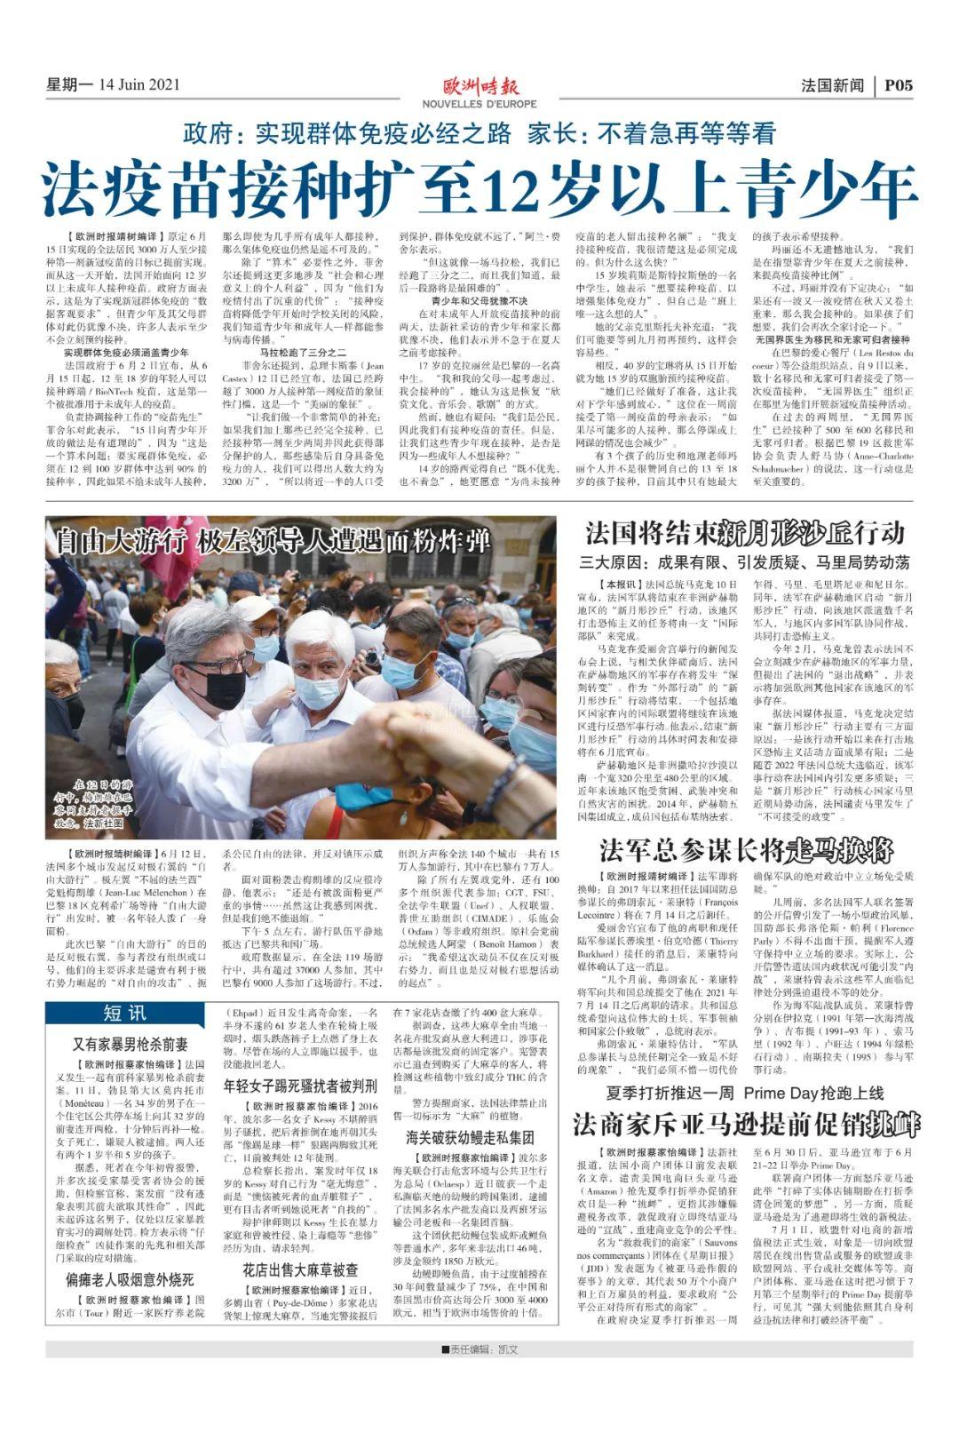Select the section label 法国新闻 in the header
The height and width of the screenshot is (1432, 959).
[832, 85]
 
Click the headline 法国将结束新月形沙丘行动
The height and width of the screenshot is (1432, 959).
[745, 533]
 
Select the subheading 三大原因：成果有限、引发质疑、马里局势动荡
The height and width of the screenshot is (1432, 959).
[745, 562]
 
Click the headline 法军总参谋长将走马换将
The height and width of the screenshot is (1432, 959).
[745, 850]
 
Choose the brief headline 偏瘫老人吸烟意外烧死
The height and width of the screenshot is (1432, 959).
[130, 1279]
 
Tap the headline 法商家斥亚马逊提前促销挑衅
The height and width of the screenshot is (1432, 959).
[745, 1123]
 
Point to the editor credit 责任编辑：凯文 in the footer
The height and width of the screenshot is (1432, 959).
[479, 1348]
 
